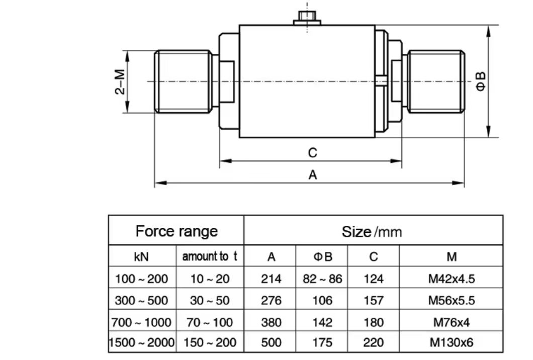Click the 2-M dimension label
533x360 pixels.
pyautogui.click(x=120, y=81)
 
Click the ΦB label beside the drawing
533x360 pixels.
pyautogui.click(x=481, y=81)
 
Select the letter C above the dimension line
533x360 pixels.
pyautogui.click(x=312, y=153)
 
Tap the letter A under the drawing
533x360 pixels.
pyautogui.click(x=312, y=175)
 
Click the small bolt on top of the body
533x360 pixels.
pyautogui.click(x=307, y=18)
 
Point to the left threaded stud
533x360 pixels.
pyautogui.click(x=184, y=81)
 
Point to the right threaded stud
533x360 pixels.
pyautogui.click(x=436, y=81)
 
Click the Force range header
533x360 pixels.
pyautogui.click(x=176, y=231)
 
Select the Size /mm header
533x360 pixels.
pyautogui.click(x=372, y=232)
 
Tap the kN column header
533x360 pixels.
pyautogui.click(x=141, y=256)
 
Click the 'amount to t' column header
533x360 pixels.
pyautogui.click(x=210, y=256)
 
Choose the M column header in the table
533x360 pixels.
pyautogui.click(x=452, y=256)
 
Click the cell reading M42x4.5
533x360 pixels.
pyautogui.click(x=452, y=279)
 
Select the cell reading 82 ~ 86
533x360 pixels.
pyautogui.click(x=322, y=279)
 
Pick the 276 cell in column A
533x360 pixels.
pyautogui.click(x=271, y=301)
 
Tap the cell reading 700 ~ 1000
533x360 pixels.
pyautogui.click(x=141, y=322)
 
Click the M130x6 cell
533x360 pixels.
pyautogui.click(x=452, y=342)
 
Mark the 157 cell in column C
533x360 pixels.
pyautogui.click(x=374, y=301)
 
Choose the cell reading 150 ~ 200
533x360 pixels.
pyautogui.click(x=210, y=342)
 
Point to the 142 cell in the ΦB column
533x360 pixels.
pyautogui.click(x=322, y=322)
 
